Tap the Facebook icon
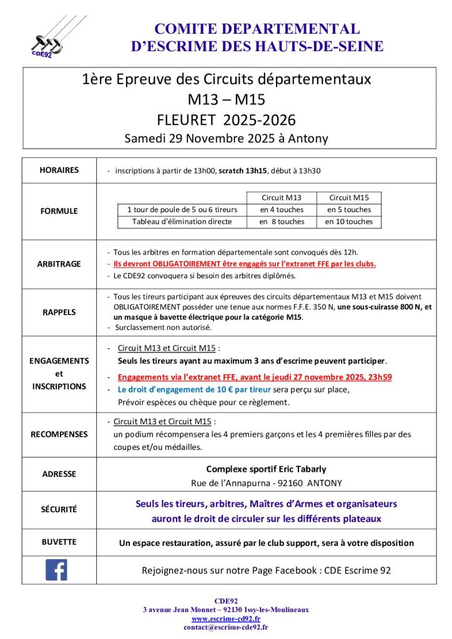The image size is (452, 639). (56, 569)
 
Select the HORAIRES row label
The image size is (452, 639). (59, 170)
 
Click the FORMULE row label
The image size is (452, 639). (59, 211)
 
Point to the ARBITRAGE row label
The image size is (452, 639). (59, 264)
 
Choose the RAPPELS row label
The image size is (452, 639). (59, 311)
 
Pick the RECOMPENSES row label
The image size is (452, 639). (59, 434)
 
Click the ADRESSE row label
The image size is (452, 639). (59, 474)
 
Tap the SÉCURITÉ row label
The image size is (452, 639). (59, 509)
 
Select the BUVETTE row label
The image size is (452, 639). (59, 542)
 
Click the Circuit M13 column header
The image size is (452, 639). (282, 198)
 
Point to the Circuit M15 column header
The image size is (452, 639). (349, 198)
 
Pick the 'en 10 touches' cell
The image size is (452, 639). (349, 222)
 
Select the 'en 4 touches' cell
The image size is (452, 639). (282, 210)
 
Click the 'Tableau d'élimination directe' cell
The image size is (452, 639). (182, 222)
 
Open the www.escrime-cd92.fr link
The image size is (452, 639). (225, 618)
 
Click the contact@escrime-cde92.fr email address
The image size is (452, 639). (225, 627)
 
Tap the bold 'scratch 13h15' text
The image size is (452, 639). (244, 170)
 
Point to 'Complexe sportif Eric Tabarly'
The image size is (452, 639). (266, 469)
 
